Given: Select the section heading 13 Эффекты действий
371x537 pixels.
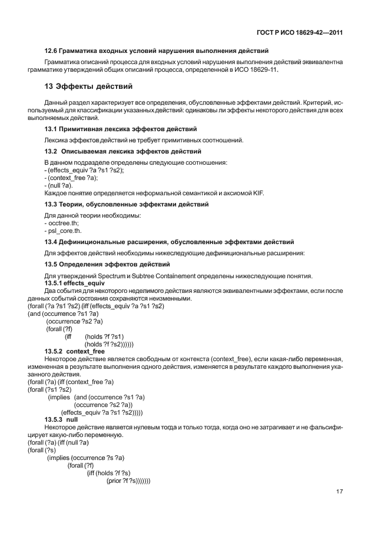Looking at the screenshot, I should pos(88,87).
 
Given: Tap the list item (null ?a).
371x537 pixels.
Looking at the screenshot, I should pos(59,185).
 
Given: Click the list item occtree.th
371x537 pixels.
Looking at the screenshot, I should pos(62,224).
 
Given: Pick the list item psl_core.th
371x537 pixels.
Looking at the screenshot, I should pos(64,232).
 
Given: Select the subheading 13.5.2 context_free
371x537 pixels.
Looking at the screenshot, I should pos(75,351).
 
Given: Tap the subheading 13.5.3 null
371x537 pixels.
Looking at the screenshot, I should pos(61,420).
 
